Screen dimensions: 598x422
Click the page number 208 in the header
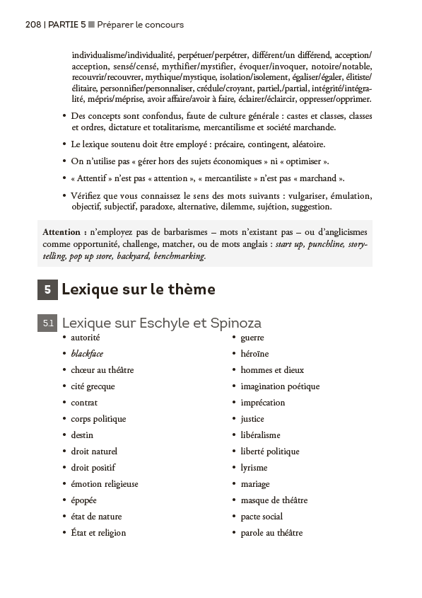[33, 25]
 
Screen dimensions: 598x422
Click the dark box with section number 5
[47, 289]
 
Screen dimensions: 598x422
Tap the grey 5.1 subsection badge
[47, 323]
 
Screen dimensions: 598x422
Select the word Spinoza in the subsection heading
[236, 323]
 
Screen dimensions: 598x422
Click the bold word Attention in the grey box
[65, 231]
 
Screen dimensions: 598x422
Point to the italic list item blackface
[87, 354]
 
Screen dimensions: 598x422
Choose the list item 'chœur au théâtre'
[102, 370]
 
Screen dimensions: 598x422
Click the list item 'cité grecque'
[93, 386]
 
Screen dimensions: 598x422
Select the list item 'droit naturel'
[94, 452]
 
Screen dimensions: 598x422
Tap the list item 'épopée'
[83, 500]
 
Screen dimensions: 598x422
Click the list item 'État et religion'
[98, 533]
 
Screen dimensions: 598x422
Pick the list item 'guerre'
[252, 338]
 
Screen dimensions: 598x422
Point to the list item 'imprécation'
[263, 403]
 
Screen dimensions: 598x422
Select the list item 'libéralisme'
[260, 435]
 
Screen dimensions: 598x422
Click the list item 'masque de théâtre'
[274, 500]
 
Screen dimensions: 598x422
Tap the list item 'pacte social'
[262, 517]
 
